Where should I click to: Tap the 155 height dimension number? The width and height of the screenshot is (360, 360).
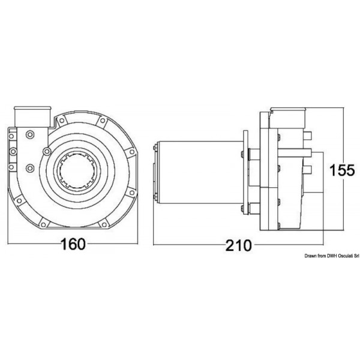tap(342, 170)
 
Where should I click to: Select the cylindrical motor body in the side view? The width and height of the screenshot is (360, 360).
tap(198, 171)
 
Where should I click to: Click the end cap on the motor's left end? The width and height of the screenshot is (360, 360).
tap(155, 171)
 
